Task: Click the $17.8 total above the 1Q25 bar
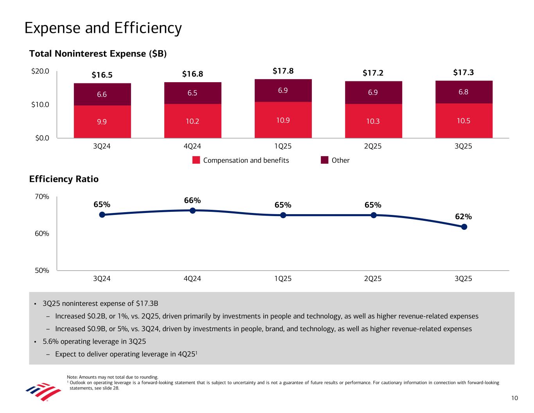[283, 71]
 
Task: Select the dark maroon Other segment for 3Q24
[102, 94]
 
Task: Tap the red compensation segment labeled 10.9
[283, 120]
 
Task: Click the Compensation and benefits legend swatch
[196, 160]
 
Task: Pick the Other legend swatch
[325, 160]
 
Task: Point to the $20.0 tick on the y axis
[40, 71]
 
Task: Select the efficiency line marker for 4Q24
[192, 211]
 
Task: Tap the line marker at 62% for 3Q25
[464, 227]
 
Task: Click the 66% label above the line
[192, 200]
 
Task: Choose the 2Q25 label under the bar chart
[373, 146]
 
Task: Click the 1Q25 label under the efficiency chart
[283, 279]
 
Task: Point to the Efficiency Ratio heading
[64, 179]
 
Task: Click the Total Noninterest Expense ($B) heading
[98, 54]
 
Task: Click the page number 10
[514, 398]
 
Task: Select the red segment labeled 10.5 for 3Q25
[464, 121]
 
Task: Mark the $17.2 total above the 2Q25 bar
[373, 73]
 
